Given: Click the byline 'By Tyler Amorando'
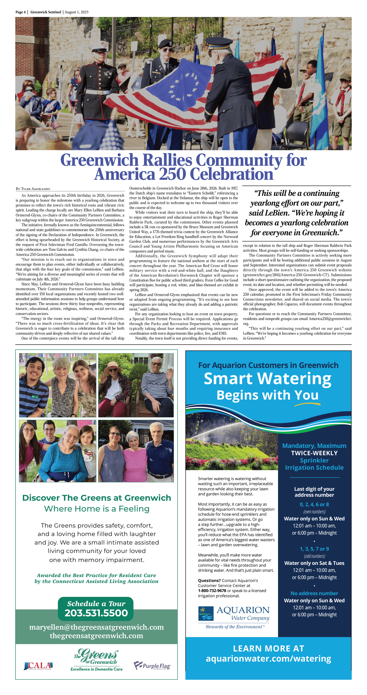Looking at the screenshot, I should (33, 189).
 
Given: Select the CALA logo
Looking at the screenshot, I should (38, 666).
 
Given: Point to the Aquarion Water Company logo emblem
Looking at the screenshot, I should (206, 614).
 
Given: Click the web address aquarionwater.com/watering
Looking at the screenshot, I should (268, 659).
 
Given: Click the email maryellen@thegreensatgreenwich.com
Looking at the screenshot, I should (96, 627).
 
